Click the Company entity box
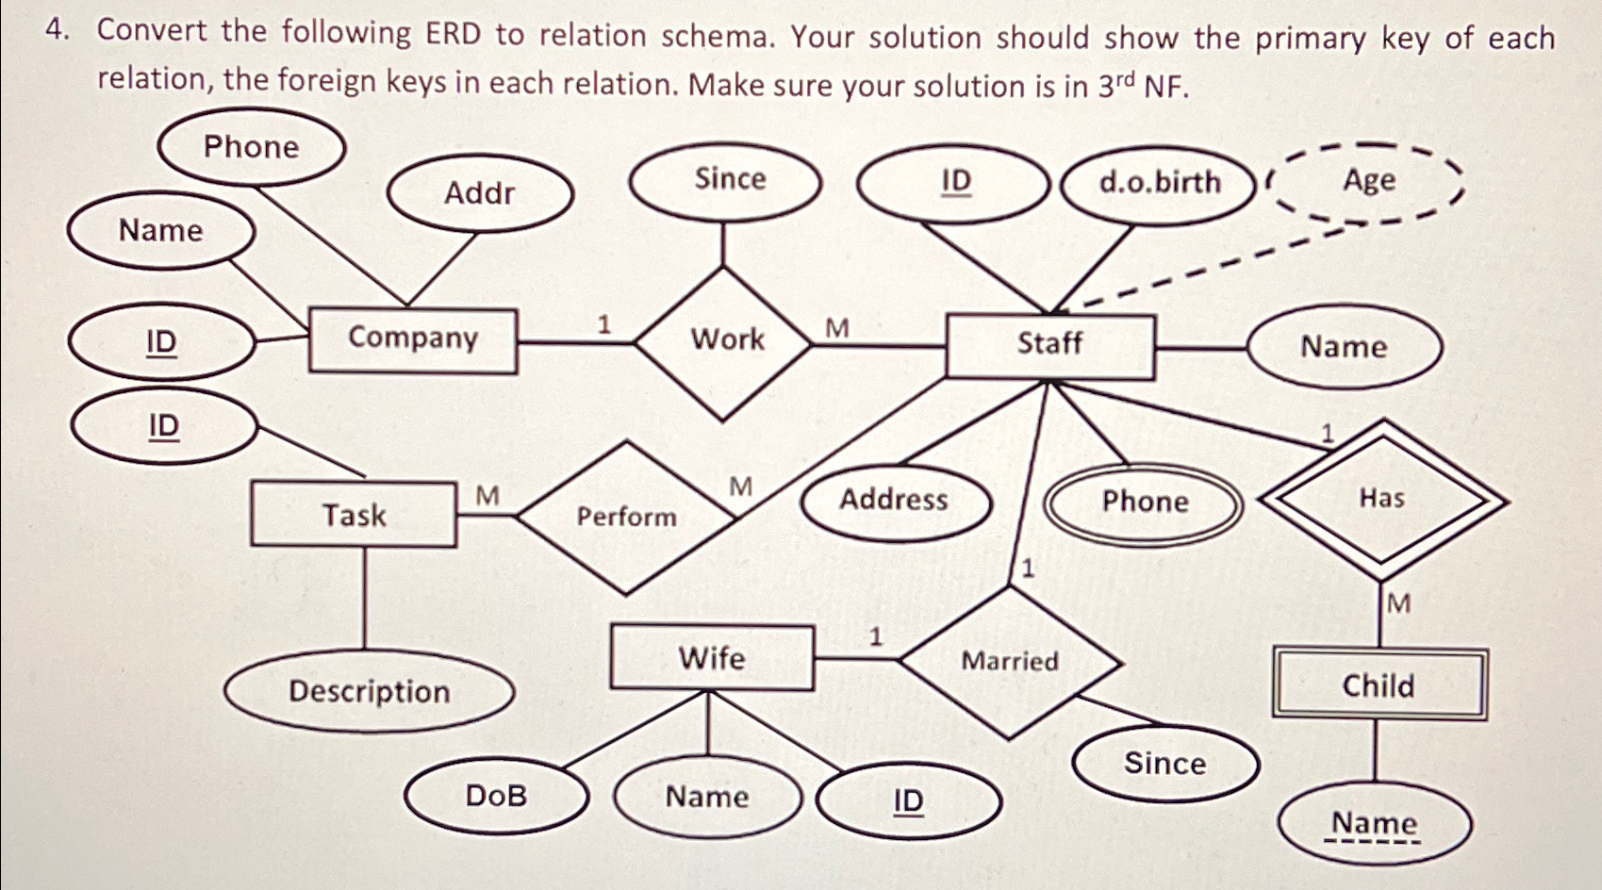(413, 339)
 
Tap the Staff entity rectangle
(1049, 345)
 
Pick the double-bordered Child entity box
(1379, 685)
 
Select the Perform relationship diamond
(627, 517)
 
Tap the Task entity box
(354, 515)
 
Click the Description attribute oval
(369, 692)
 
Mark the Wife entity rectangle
(712, 658)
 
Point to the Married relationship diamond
(1010, 662)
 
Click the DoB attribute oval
(496, 797)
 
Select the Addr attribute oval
(479, 194)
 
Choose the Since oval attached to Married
(1164, 764)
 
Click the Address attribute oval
(894, 501)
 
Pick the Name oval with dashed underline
(1374, 824)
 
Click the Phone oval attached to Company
(251, 148)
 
